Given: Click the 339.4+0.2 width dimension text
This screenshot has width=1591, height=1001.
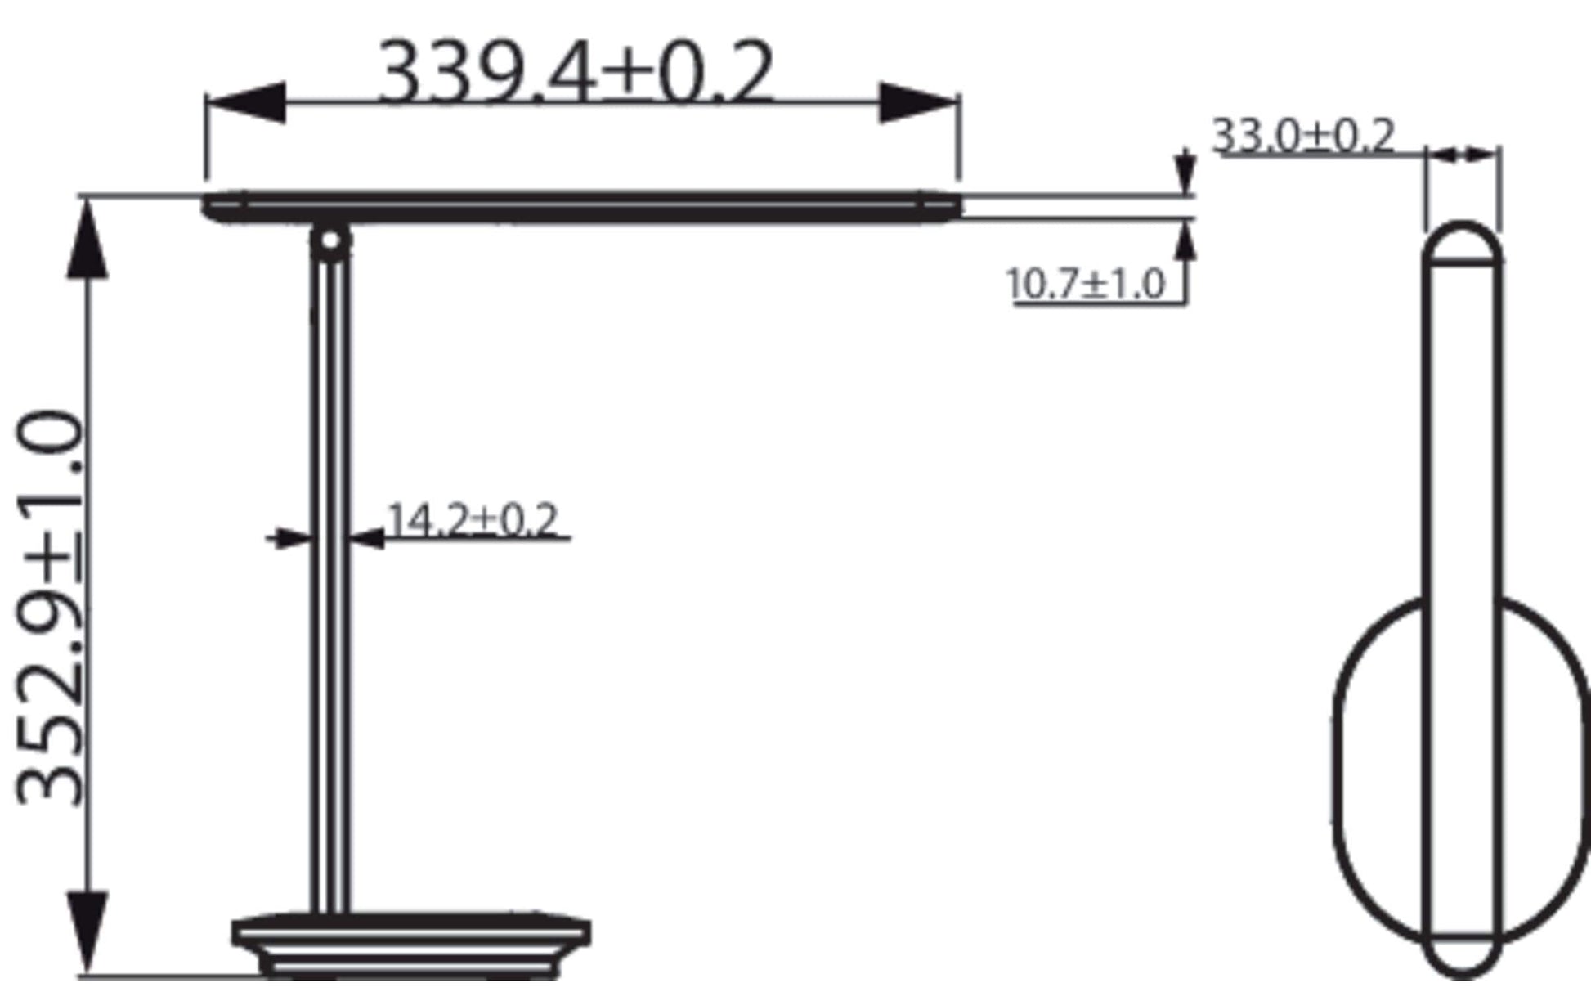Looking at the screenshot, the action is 576,72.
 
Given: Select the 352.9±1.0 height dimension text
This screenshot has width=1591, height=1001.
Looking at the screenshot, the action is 50,609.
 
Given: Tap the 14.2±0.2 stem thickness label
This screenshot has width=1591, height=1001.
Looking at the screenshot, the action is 473,520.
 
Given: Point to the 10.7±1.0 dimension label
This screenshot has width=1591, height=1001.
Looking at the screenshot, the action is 1085,285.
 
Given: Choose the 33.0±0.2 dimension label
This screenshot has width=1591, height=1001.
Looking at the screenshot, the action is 1303,135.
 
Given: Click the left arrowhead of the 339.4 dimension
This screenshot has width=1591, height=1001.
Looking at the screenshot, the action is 246,102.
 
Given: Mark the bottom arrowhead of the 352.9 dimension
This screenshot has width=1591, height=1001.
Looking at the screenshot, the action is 87,933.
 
